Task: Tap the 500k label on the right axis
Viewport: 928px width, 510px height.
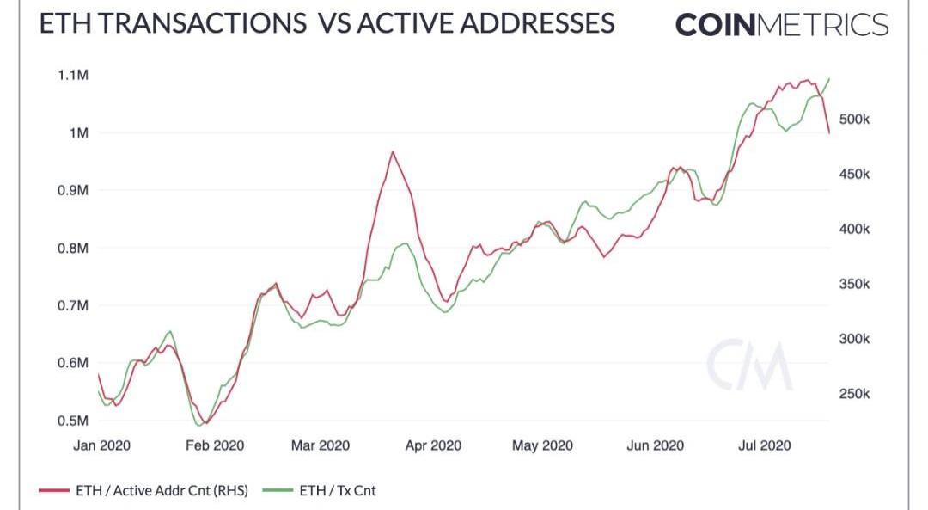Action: point(854,120)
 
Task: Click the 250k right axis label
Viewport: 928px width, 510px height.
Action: point(854,395)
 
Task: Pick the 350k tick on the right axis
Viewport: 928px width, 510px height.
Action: point(854,285)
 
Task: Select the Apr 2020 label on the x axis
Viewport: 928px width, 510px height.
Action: point(433,445)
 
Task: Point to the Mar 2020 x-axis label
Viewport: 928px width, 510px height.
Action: point(320,445)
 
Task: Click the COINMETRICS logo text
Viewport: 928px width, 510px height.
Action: point(781,24)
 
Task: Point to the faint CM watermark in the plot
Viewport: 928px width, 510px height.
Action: point(748,366)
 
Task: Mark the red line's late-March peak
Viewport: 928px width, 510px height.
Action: point(393,152)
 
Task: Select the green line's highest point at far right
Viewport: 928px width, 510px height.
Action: point(829,78)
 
